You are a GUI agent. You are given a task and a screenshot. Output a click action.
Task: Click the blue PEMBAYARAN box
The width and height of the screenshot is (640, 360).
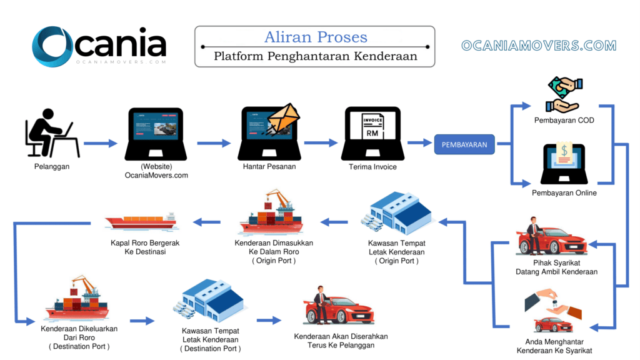[464, 144]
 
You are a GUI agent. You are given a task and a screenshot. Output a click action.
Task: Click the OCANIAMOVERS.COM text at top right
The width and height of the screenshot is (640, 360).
[538, 46]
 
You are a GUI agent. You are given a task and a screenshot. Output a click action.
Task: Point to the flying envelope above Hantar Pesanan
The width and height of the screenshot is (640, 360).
[283, 121]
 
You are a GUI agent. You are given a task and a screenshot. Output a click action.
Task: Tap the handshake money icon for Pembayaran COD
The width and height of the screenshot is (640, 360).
[563, 94]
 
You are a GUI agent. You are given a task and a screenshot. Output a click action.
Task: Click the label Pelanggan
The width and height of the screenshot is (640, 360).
[51, 167]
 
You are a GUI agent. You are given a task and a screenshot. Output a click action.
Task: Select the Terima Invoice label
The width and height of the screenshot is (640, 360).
[372, 167]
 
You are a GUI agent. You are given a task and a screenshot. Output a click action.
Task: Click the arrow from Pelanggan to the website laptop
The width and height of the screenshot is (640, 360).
[100, 144]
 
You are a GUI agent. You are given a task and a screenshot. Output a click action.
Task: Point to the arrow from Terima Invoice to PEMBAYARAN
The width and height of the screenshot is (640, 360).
[419, 143]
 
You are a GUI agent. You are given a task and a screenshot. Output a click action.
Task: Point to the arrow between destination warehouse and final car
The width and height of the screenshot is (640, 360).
[269, 321]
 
